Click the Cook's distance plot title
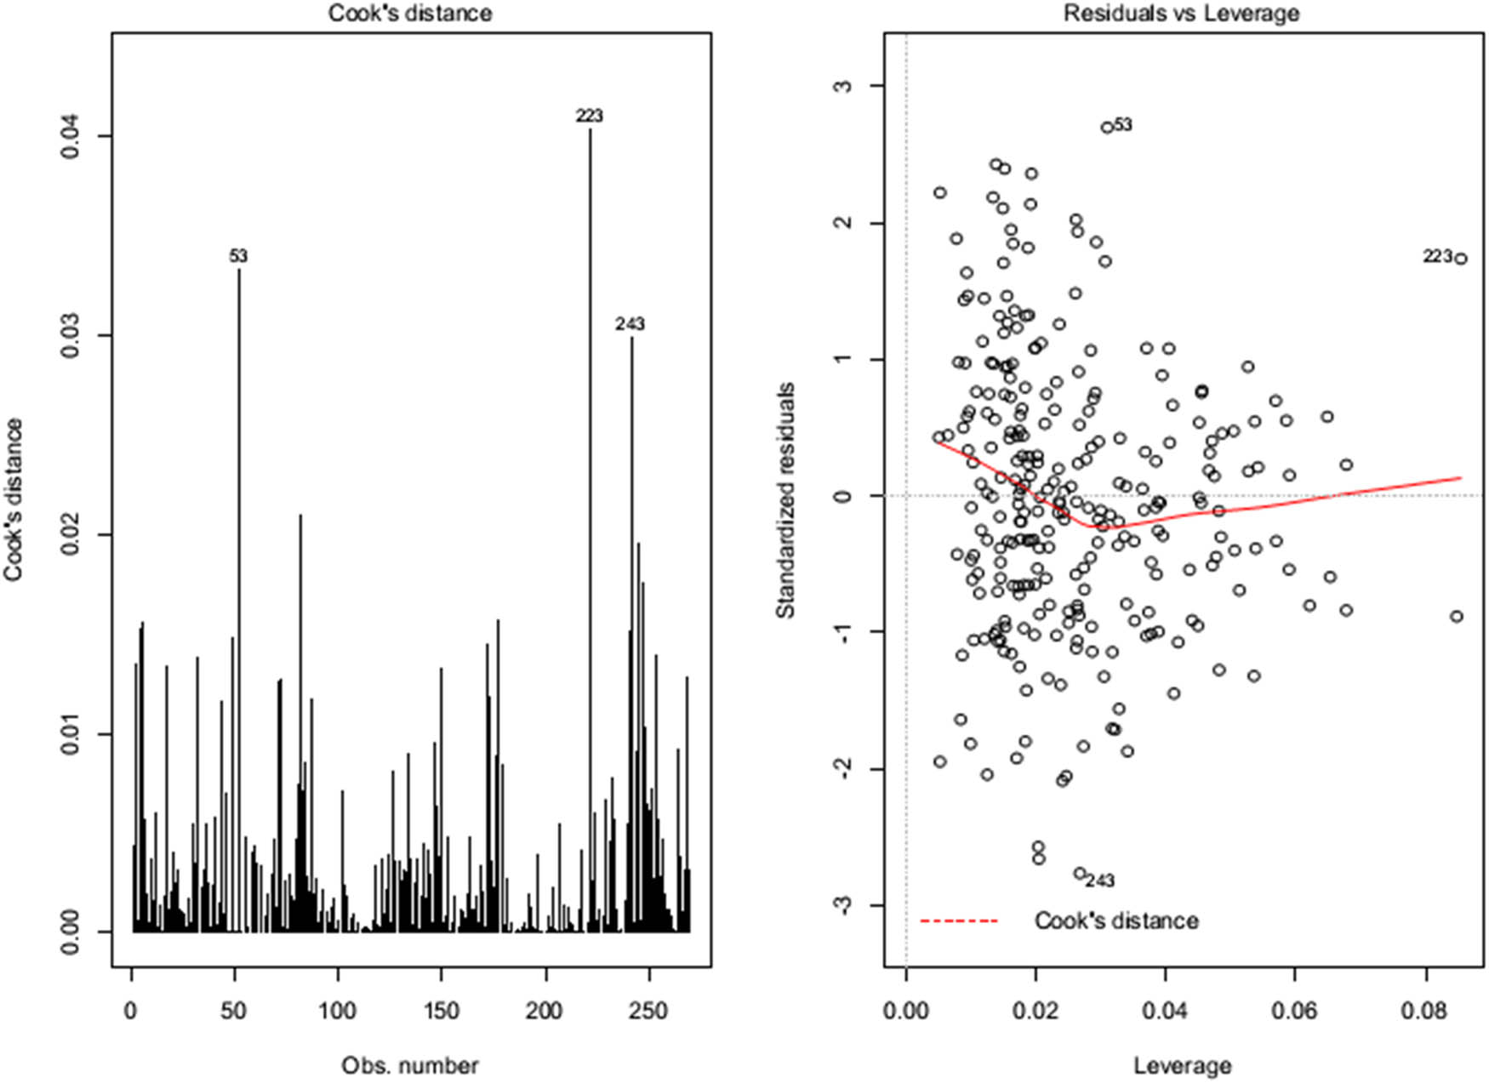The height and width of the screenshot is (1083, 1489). pos(410,13)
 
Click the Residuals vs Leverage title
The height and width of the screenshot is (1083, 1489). pos(1182,13)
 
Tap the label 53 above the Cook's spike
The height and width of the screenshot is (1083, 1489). pos(238,256)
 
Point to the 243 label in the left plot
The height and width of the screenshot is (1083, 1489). pos(630,324)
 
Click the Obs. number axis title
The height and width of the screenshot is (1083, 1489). pos(410,1065)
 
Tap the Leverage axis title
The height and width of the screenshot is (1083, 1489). pos(1182,1065)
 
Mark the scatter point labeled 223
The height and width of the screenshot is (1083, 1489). pos(1460,259)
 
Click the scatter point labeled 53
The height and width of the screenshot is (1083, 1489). pos(1107,127)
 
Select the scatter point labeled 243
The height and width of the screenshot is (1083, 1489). pos(1080,874)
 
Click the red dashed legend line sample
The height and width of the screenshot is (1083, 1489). pos(958,921)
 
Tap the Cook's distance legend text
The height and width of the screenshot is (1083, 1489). pos(1115,921)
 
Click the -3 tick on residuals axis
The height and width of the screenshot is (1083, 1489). pos(843,906)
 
